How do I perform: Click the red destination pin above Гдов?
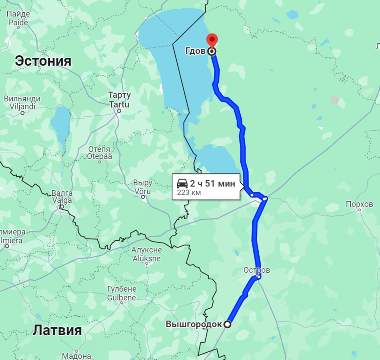tap(212, 40)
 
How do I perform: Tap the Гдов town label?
tap(195, 51)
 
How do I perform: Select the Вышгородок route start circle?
tap(227, 324)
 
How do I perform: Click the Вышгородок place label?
tap(194, 324)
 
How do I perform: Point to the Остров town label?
tap(256, 270)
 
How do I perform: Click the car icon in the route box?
tap(182, 183)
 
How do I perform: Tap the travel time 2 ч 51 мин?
tap(212, 183)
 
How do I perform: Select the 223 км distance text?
tap(189, 193)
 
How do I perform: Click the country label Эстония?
tap(43, 61)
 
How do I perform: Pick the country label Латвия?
tap(57, 330)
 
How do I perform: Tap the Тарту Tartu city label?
tap(119, 99)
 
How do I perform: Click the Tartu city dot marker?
tap(119, 111)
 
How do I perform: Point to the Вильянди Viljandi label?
tap(22, 102)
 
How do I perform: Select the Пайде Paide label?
tap(18, 18)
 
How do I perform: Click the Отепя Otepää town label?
tap(99, 153)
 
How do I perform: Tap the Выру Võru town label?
tap(143, 187)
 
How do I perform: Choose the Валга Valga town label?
tap(62, 197)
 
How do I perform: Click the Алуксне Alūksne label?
tap(147, 254)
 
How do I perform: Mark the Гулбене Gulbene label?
tap(122, 293)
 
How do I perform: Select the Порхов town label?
tap(359, 204)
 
